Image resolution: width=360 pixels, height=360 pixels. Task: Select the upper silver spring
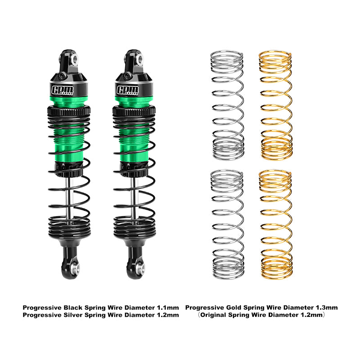tap(227, 105)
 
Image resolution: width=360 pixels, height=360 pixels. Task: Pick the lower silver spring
tap(227, 224)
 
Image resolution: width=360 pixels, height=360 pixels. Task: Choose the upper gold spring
tap(275, 105)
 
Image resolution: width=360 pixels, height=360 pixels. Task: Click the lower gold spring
tap(275, 224)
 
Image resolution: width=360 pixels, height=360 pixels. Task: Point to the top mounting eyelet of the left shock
tap(73, 58)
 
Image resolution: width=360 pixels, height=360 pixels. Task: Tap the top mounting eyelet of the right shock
tap(139, 58)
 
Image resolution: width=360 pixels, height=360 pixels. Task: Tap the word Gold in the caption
tap(238, 307)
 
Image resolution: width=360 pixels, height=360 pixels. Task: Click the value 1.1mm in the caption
tap(167, 307)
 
